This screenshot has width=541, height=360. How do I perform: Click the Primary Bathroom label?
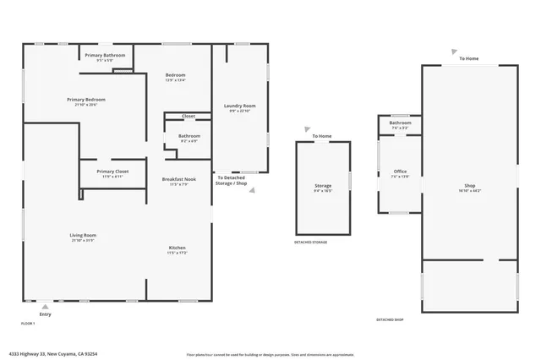[x=105, y=55]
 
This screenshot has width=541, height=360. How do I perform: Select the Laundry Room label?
[x=239, y=106]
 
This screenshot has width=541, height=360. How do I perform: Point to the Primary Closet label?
[x=112, y=171]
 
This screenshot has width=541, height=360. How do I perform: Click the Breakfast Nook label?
[x=178, y=179]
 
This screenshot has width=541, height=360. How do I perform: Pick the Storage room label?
[x=323, y=185]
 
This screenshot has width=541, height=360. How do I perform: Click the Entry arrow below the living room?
[x=46, y=307]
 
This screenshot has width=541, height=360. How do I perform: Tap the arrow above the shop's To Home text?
[x=455, y=51]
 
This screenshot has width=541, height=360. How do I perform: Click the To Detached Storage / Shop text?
[x=232, y=180]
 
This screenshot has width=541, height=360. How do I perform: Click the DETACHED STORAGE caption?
[x=310, y=242]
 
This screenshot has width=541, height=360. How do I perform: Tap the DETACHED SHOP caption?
[x=390, y=319]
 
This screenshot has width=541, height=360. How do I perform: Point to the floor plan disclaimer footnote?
[x=270, y=353]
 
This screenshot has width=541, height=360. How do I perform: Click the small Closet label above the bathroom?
[x=188, y=116]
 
